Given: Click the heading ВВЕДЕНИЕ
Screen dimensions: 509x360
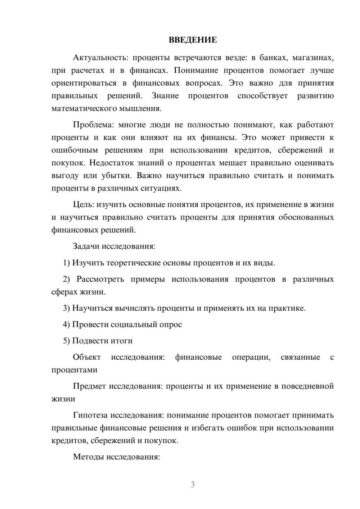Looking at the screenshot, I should tap(193, 40).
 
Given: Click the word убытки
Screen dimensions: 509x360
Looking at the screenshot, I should tap(117, 176).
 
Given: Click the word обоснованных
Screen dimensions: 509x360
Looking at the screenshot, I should tap(306, 217).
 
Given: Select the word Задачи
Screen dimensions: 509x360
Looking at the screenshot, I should tap(86, 247).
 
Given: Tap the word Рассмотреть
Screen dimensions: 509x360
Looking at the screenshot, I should tap(100, 279).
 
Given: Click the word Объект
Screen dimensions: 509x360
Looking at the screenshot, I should tap(87, 357).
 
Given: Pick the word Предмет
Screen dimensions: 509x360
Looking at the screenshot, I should tap(89, 386).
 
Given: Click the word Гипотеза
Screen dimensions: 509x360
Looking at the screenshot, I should tap(90, 415).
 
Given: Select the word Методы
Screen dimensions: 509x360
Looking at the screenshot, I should tap(86, 457).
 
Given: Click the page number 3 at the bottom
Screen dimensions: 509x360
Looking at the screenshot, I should tap(193, 485).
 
